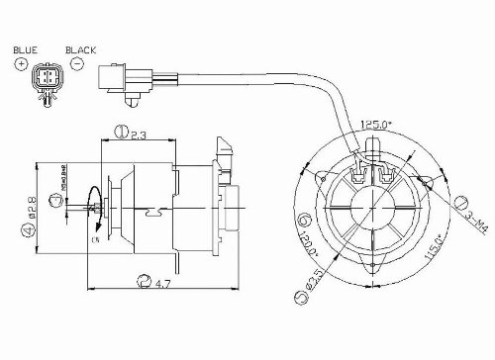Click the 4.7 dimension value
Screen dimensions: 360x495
point(163,287)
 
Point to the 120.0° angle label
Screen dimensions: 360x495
point(315,241)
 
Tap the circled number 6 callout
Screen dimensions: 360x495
point(305,216)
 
